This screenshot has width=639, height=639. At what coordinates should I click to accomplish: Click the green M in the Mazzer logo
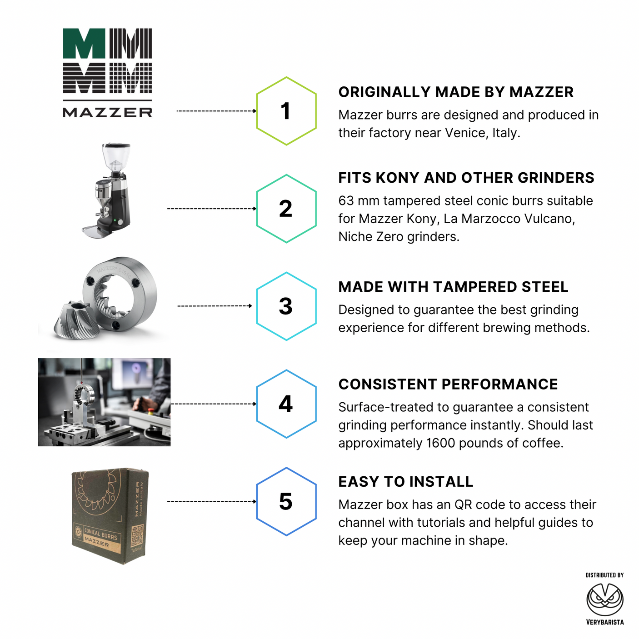pyautogui.click(x=84, y=44)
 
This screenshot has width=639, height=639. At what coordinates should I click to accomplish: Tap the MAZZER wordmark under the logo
pyautogui.click(x=107, y=112)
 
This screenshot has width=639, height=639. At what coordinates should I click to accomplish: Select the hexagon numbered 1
pyautogui.click(x=286, y=111)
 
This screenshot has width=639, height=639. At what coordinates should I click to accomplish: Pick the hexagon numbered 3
pyautogui.click(x=286, y=306)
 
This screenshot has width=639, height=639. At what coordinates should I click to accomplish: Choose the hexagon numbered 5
pyautogui.click(x=286, y=501)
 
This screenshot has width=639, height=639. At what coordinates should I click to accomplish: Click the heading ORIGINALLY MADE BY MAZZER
pyautogui.click(x=456, y=92)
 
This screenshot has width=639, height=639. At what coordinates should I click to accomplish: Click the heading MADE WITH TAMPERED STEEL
pyautogui.click(x=453, y=287)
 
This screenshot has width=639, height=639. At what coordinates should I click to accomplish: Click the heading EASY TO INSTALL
pyautogui.click(x=405, y=482)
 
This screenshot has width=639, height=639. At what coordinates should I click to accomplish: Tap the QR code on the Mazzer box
pyautogui.click(x=137, y=535)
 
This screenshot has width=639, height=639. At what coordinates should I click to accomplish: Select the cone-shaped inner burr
pyautogui.click(x=76, y=320)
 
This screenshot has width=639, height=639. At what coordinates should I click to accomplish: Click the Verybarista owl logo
pyautogui.click(x=605, y=599)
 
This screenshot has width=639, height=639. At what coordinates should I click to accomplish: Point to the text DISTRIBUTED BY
pyautogui.click(x=604, y=575)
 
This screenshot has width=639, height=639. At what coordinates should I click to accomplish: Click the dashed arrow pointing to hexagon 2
pyautogui.click(x=212, y=209)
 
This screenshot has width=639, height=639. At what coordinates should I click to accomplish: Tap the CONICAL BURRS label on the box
pyautogui.click(x=100, y=534)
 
